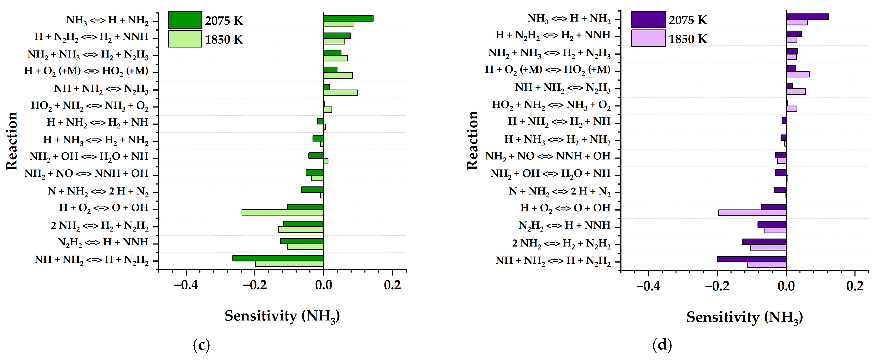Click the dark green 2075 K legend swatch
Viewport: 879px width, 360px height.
point(185,20)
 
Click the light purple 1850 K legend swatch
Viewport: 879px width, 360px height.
point(648,38)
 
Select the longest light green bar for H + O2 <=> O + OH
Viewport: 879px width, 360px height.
point(283,212)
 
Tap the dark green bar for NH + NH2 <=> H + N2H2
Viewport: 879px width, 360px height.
point(278,258)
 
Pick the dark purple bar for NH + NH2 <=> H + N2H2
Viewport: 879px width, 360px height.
point(751,259)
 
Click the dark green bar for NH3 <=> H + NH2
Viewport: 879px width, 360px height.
point(348,18)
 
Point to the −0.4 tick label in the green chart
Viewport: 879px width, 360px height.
point(186,285)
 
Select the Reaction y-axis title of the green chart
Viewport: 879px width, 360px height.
point(12,141)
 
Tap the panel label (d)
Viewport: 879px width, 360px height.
point(662,345)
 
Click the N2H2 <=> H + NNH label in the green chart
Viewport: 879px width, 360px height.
point(103,243)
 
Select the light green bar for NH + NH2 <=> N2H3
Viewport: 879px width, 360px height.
point(340,93)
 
